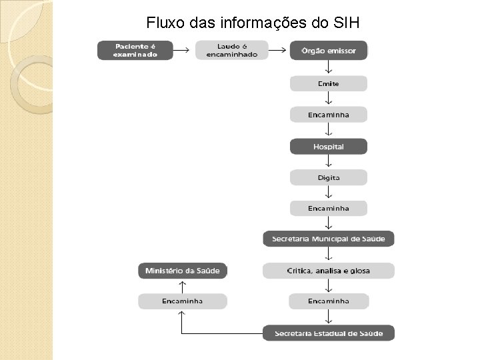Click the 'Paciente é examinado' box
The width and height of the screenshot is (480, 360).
135,51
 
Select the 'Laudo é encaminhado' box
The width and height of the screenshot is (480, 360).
232,51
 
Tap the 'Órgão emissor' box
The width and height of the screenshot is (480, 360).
328,51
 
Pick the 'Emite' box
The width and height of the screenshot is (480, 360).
328,83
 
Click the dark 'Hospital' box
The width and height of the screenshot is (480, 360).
328,146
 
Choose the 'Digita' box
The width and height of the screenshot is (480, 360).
328,177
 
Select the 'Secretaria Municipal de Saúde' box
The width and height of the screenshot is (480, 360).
328,239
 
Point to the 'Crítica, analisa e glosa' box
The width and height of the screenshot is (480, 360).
328,271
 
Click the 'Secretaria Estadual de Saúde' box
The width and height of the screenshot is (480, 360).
328,333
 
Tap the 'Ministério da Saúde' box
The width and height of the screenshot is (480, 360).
183,271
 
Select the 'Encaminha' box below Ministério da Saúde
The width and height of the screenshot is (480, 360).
183,301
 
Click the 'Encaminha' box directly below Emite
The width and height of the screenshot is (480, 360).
328,115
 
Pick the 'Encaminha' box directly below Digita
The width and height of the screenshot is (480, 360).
328,208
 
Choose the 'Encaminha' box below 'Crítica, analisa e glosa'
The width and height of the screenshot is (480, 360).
328,301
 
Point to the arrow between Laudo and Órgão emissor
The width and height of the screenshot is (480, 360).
279,49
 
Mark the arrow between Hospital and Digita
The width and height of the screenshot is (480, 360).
328,162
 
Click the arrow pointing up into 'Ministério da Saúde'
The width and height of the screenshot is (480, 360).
183,286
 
